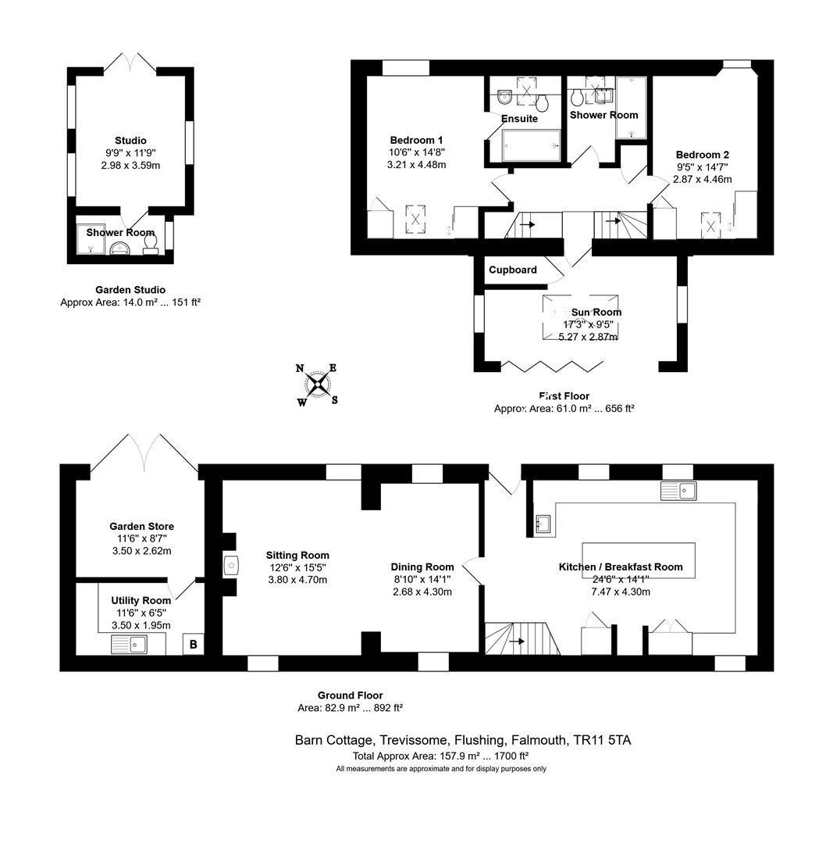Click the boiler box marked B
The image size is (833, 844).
tap(194, 644)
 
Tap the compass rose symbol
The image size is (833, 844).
tap(318, 384)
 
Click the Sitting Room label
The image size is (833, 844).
tap(297, 556)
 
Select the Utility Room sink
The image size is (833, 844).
tap(129, 644)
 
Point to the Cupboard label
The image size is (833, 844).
tap(512, 270)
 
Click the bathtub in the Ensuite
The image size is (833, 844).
tap(531, 145)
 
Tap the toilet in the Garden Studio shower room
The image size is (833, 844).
tap(151, 245)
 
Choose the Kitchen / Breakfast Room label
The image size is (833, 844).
tap(621, 567)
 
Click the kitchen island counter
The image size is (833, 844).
tap(639, 560)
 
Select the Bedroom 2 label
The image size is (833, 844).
tap(703, 155)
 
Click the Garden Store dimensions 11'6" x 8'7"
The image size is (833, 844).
tap(141, 538)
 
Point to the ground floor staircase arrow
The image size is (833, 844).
tap(517, 641)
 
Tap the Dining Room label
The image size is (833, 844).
tap(422, 567)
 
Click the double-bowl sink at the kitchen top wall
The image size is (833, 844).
tap(678, 491)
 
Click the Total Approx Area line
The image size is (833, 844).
tap(440, 756)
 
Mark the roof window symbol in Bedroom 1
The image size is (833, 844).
tap(415, 220)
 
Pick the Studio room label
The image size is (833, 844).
tap(130, 141)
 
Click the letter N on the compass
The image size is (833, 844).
tap(300, 369)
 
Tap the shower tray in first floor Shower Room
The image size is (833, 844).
tap(632, 108)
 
